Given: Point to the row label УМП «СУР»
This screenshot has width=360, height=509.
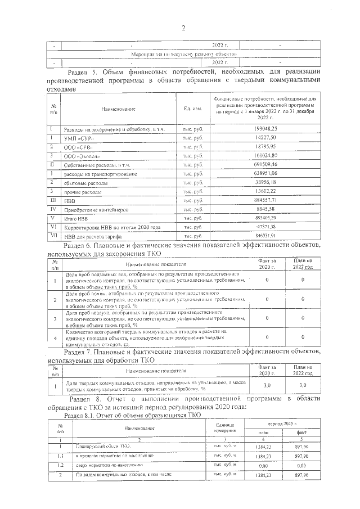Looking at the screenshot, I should point(79,138).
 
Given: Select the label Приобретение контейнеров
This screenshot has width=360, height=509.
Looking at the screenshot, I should point(96,209).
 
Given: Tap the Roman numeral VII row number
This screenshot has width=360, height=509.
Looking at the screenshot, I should point(53,236).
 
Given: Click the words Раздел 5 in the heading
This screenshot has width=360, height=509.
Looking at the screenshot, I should point(84,71).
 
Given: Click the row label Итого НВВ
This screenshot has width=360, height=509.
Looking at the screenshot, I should point(79,218).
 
